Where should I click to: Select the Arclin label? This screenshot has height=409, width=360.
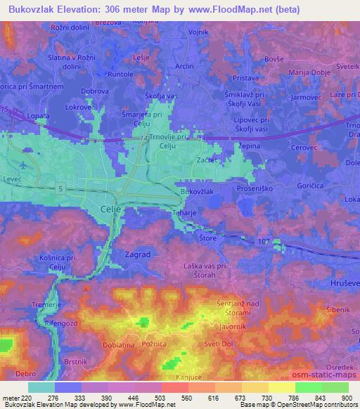184,66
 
